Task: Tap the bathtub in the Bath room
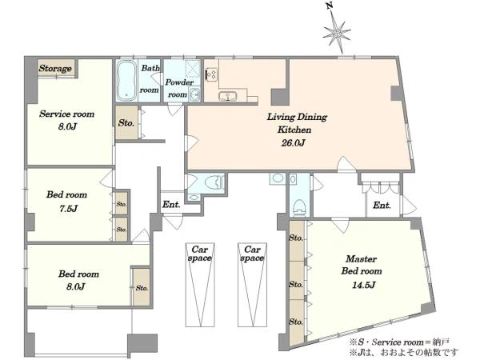point(126,81)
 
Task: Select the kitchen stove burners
point(211,74)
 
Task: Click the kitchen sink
point(228,97)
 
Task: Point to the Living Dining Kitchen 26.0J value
point(293,143)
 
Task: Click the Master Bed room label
point(362,265)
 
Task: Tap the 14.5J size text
point(364,286)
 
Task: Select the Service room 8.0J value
point(67,126)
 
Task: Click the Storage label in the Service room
point(55,68)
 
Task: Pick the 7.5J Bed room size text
point(68,209)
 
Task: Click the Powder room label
point(178,89)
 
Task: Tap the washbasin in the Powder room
point(194,94)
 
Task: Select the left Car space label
point(200,254)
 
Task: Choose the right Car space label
point(252,254)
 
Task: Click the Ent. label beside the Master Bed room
point(382,205)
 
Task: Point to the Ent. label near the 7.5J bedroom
point(171,204)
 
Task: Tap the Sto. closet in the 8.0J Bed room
point(142,287)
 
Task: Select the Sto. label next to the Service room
point(126,123)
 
